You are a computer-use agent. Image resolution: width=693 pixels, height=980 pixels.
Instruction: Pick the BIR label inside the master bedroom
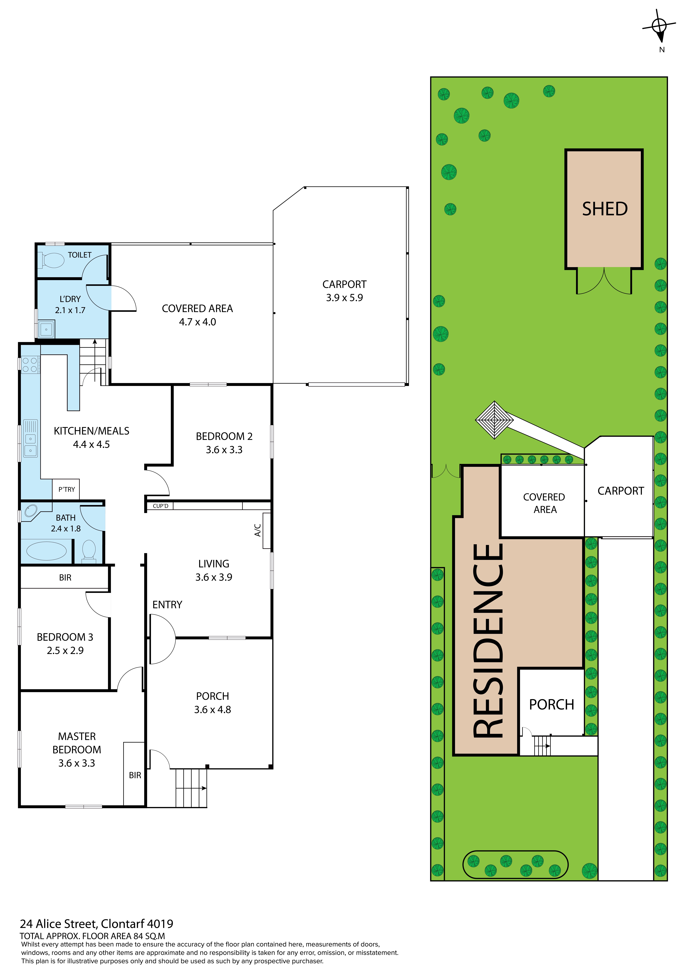coord(135,775)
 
